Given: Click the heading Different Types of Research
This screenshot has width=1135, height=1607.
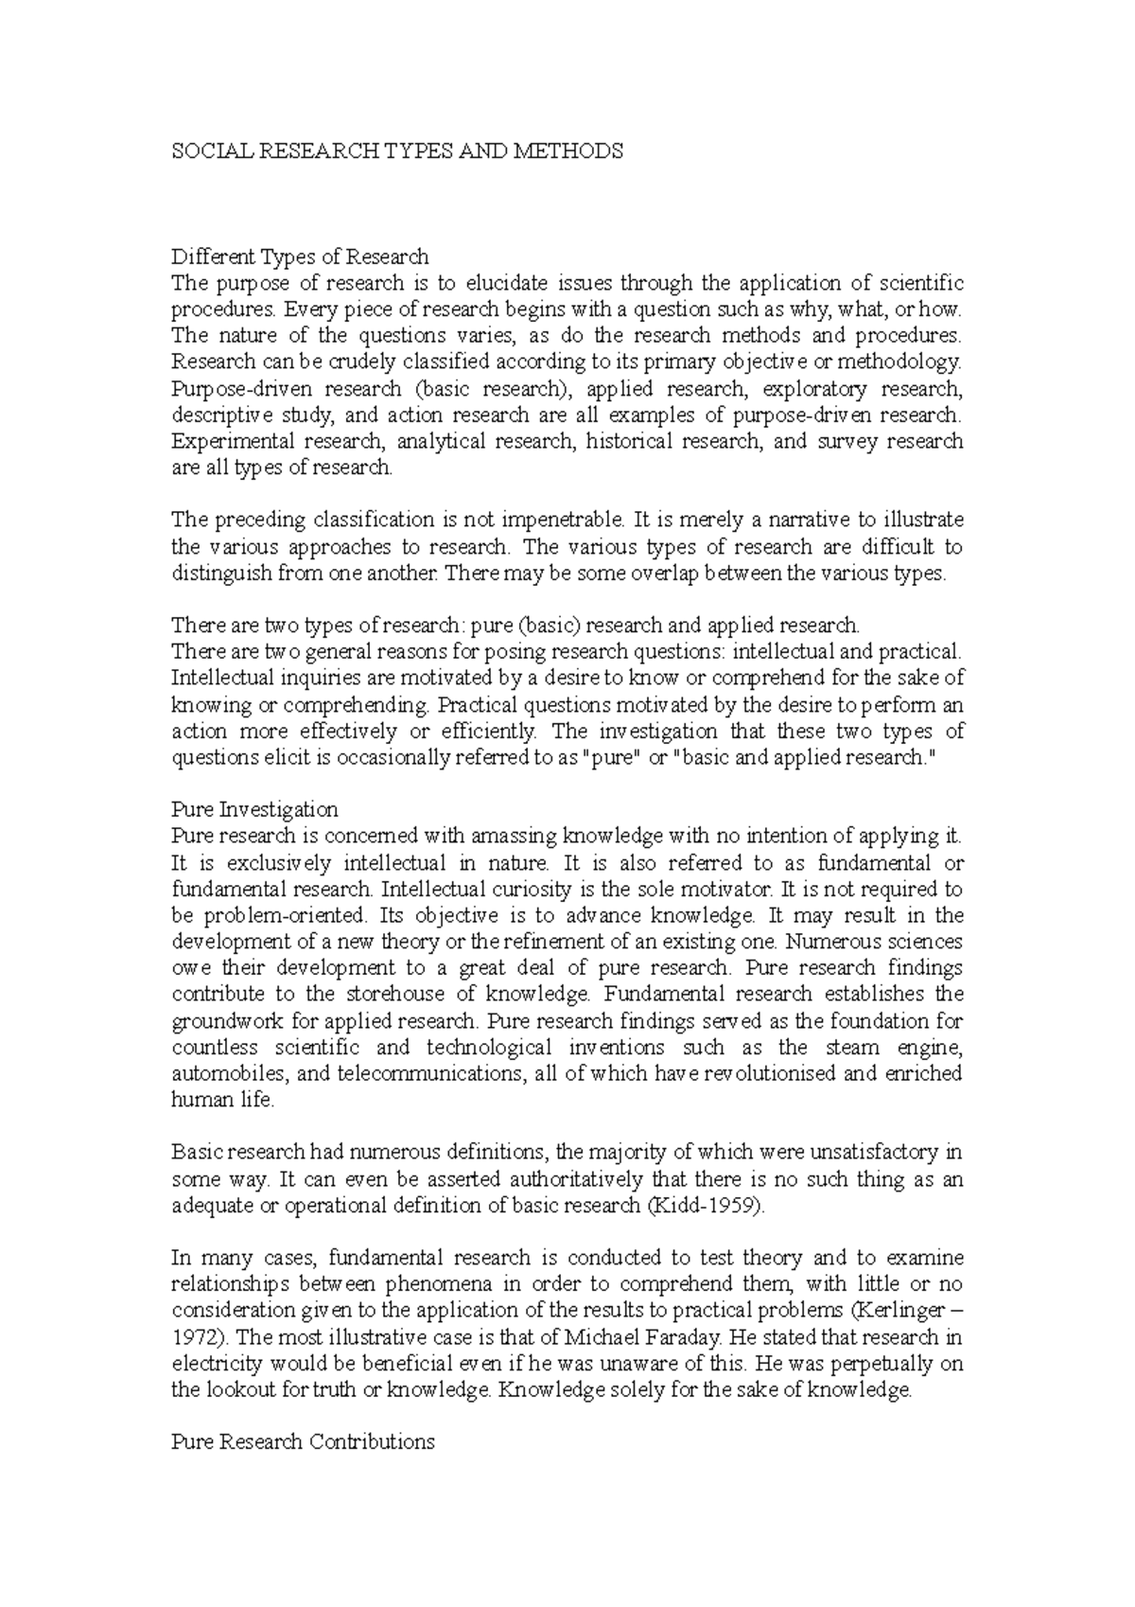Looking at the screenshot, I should [300, 256].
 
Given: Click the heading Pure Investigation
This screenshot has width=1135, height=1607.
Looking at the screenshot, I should [254, 810].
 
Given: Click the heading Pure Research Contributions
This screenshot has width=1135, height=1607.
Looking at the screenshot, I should [303, 1442].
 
